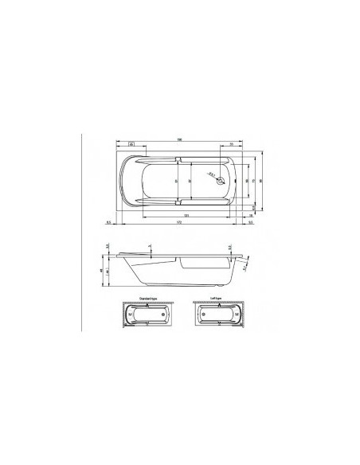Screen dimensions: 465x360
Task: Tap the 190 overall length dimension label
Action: point(181,141)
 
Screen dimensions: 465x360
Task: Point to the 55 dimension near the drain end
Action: point(231,145)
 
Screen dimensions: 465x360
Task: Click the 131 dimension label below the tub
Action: point(186,215)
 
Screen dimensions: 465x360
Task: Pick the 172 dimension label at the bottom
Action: point(179,224)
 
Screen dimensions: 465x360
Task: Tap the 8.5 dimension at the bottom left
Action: point(108,224)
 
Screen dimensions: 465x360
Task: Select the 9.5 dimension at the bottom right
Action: point(251,224)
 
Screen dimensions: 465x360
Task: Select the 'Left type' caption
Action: point(215,298)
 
